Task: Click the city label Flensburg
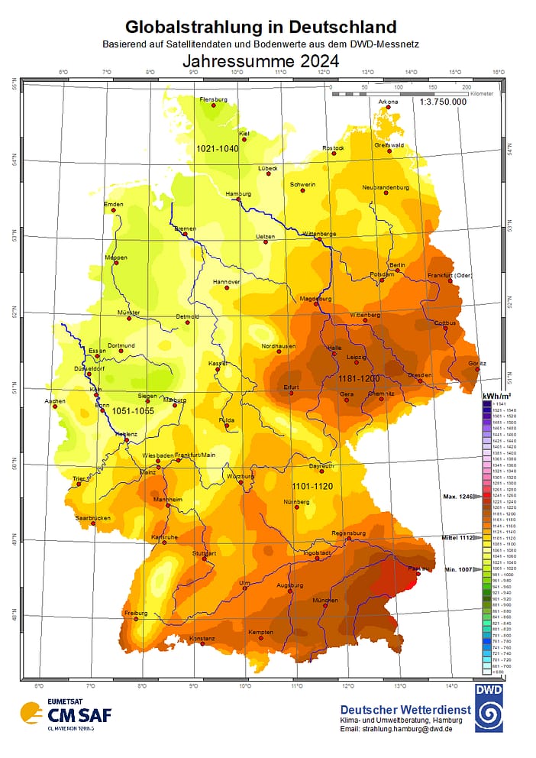[213, 99]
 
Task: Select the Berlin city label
[396, 264]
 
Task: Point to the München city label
[325, 601]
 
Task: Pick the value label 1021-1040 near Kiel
[218, 148]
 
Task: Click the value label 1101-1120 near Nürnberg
[313, 486]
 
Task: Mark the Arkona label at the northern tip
[388, 100]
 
